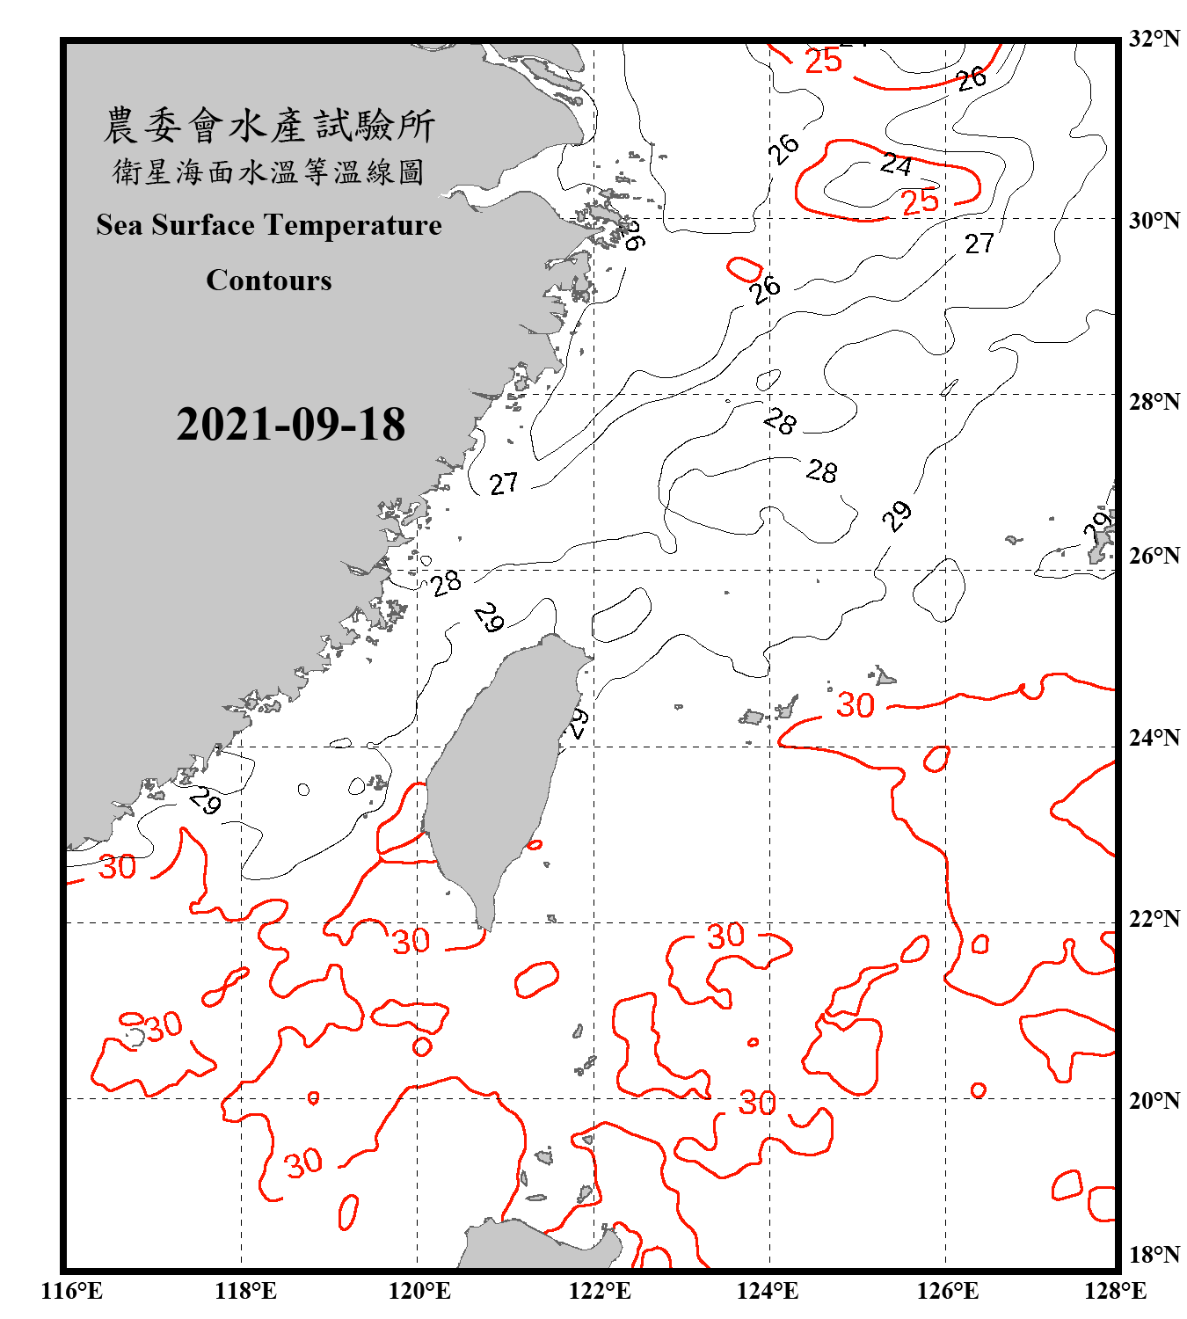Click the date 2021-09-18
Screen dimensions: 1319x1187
(290, 425)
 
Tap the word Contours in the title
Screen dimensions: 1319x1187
(269, 281)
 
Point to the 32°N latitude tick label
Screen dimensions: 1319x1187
(1154, 39)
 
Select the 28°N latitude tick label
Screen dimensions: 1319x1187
(1154, 402)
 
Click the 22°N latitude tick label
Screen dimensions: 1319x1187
(1154, 919)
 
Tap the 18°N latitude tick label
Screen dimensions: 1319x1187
(1154, 1254)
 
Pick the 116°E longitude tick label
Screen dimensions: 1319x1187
(71, 1291)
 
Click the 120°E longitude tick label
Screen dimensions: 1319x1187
(419, 1291)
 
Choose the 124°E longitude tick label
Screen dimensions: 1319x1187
(768, 1291)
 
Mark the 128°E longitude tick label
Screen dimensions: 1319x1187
(1115, 1291)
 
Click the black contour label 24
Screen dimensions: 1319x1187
(896, 164)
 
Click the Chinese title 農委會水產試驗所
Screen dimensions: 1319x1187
(269, 126)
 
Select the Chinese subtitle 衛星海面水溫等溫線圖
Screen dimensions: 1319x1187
(269, 172)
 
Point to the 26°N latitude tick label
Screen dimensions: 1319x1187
(1154, 556)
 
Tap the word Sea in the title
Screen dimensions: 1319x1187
(119, 226)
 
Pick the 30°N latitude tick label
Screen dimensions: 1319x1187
(1154, 221)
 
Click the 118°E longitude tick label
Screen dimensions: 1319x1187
(245, 1291)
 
